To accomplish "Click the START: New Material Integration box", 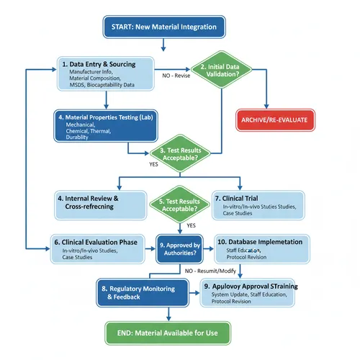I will [164, 27].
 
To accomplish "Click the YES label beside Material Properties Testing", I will [153, 163].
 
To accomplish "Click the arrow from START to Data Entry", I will [164, 45].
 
